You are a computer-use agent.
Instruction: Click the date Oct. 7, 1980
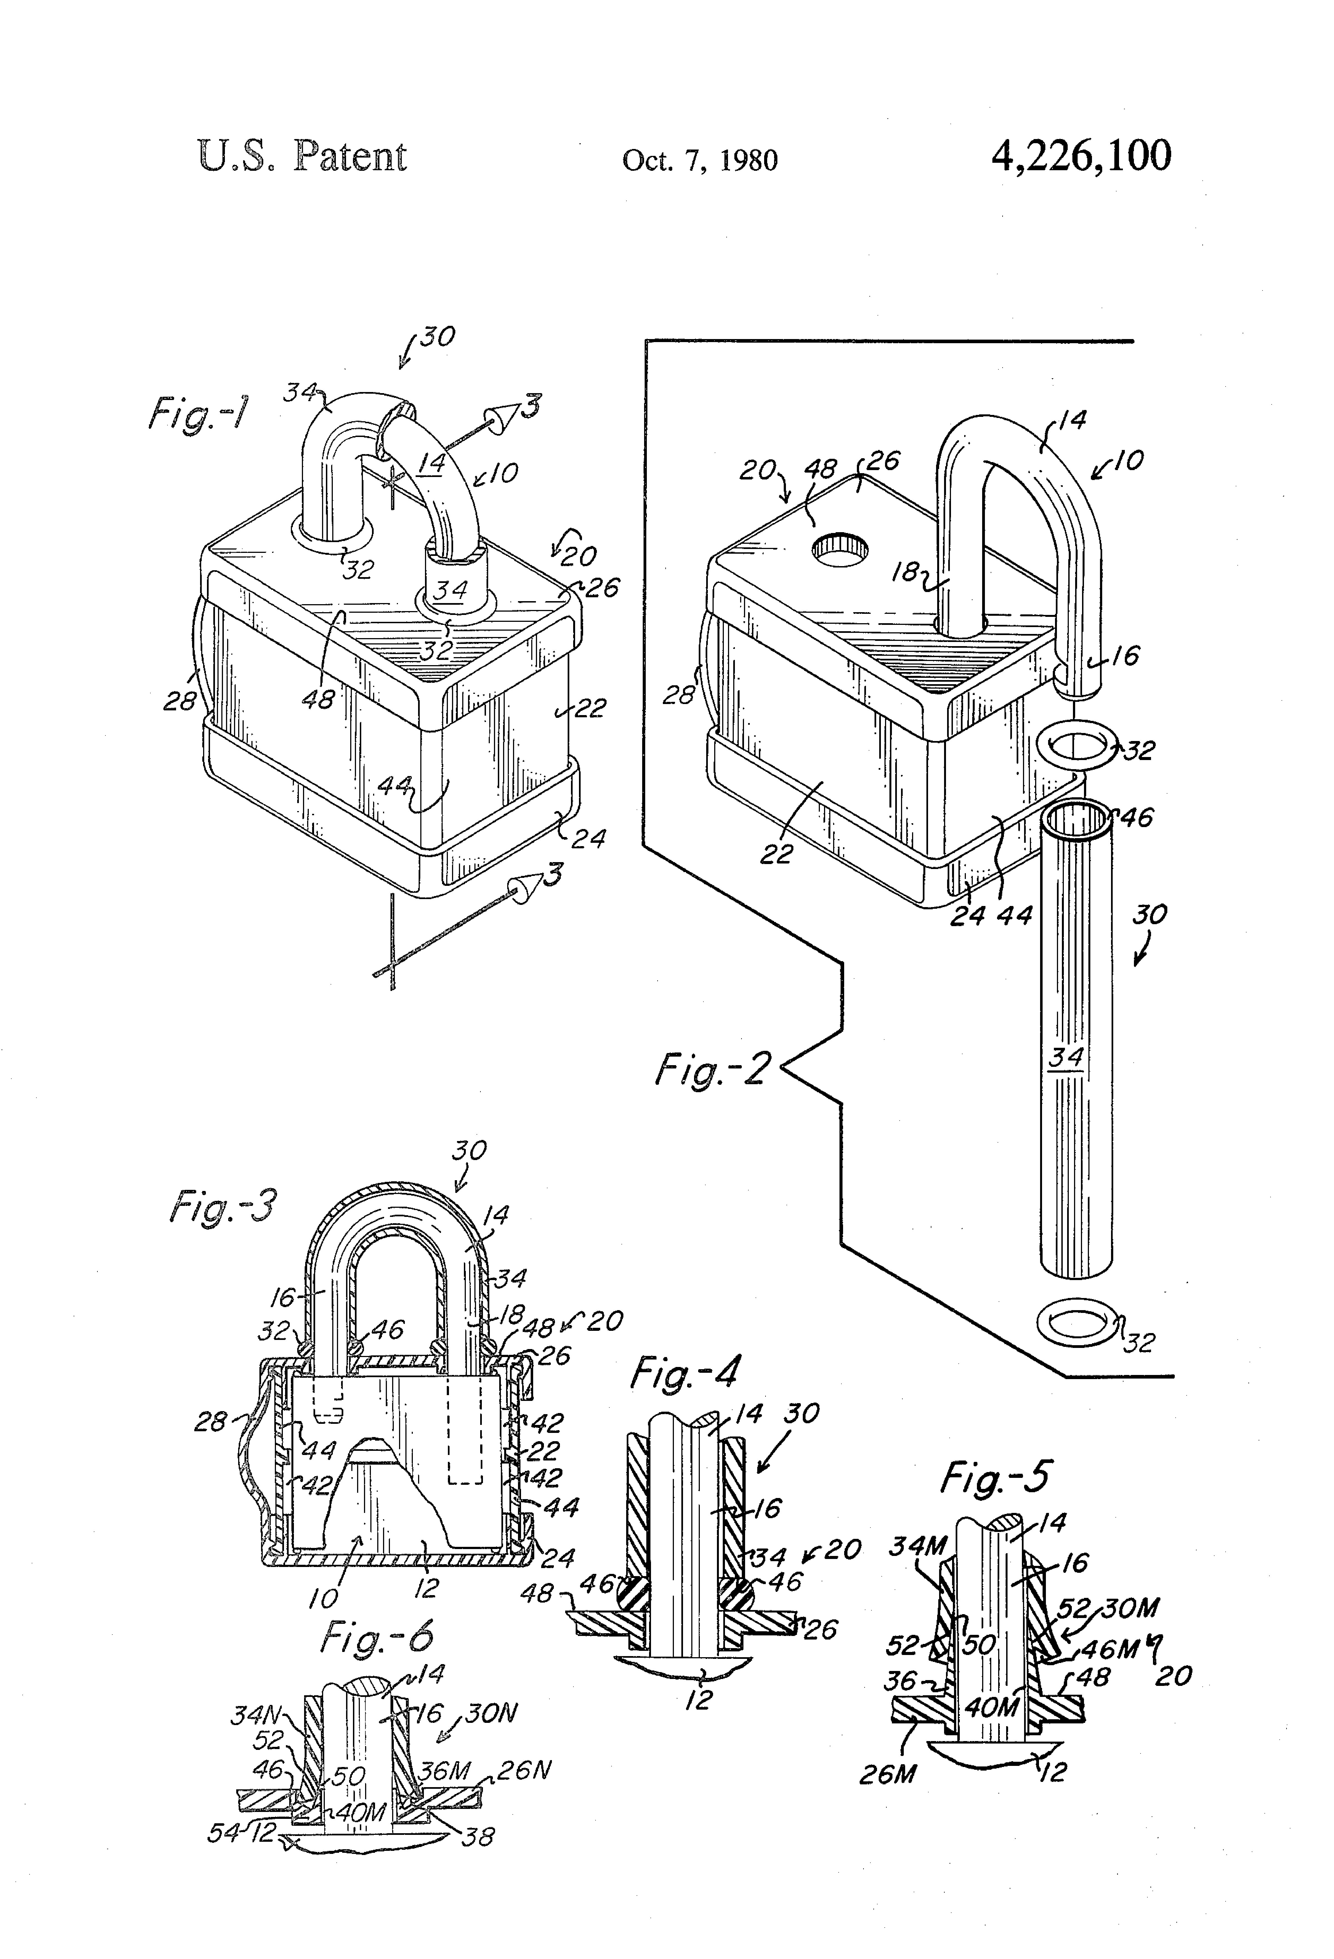click(x=700, y=160)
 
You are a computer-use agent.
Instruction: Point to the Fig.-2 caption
click(x=713, y=1070)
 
